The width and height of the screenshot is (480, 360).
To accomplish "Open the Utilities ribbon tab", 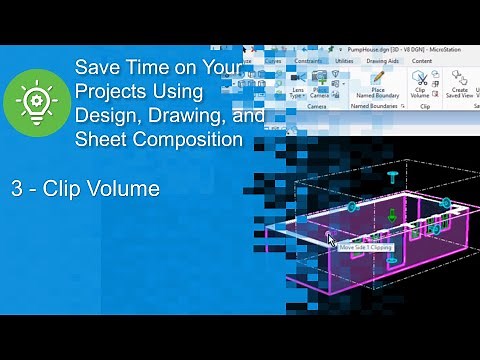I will pyautogui.click(x=345, y=61).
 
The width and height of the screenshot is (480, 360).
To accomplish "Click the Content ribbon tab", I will pyautogui.click(x=421, y=61).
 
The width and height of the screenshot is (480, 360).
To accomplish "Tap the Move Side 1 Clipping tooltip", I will pyautogui.click(x=365, y=246).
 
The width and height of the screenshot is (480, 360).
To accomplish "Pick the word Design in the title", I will pyautogui.click(x=103, y=116).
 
